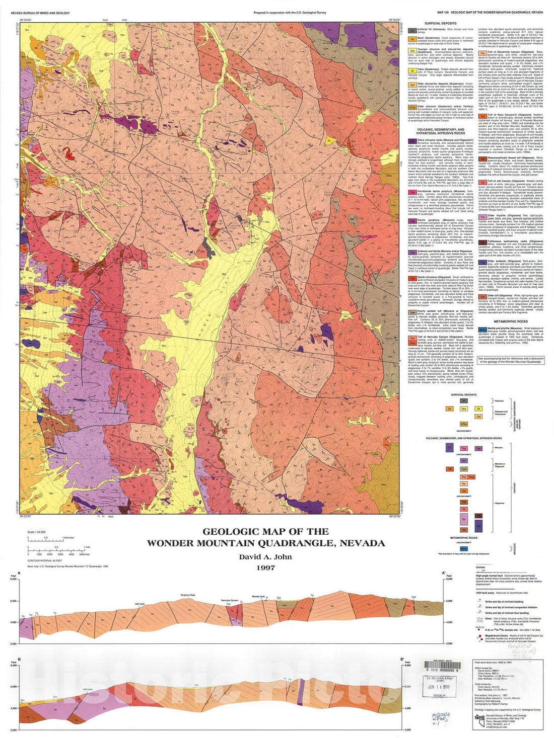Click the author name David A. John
pos(265,556)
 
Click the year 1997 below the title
pos(265,567)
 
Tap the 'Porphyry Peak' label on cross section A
pos(188,595)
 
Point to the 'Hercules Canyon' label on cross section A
pos(229,601)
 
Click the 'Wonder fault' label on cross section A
pos(258,597)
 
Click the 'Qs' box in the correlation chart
pos(450,408)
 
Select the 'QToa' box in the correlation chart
pos(464,424)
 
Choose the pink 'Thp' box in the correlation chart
pos(464,448)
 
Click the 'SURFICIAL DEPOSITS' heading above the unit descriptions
pos(440,23)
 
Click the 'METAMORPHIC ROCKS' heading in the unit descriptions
pos(511,321)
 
